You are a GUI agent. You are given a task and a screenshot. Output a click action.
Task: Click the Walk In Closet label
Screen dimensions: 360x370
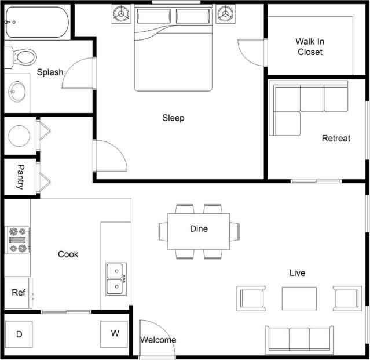click(x=310, y=46)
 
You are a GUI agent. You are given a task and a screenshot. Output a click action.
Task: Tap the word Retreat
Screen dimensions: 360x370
click(x=336, y=139)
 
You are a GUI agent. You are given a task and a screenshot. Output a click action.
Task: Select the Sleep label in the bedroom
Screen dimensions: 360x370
click(x=173, y=118)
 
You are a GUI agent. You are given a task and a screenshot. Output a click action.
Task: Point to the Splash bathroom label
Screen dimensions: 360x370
click(x=50, y=72)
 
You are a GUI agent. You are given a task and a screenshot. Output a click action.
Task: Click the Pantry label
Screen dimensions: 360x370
click(x=20, y=177)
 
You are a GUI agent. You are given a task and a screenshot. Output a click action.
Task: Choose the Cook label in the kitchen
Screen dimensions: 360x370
click(x=68, y=254)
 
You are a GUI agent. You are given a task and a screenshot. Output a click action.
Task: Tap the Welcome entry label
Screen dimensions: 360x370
click(x=158, y=340)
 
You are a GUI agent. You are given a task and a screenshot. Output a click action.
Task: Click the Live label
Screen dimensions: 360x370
click(x=297, y=272)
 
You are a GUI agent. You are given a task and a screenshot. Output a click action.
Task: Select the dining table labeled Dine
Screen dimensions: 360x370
click(x=199, y=231)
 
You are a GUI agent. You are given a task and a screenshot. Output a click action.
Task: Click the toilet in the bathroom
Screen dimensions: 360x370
click(x=23, y=57)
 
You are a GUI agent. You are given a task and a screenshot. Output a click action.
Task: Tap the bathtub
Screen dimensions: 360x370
click(x=36, y=23)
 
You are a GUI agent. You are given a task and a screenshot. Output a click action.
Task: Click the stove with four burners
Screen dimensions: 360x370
click(x=17, y=240)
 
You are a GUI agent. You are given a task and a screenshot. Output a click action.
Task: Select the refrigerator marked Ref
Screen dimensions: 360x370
click(x=18, y=293)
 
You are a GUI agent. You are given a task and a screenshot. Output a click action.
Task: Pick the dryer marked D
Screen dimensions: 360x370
click(x=19, y=334)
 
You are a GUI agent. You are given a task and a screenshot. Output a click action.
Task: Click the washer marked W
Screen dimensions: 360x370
click(x=115, y=333)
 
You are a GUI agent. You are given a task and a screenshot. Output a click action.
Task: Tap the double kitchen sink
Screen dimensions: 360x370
click(x=116, y=278)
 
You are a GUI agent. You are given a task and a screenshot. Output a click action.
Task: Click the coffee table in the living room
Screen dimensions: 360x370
click(x=299, y=298)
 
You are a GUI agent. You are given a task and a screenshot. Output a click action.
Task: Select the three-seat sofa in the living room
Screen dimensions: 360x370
click(x=299, y=339)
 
